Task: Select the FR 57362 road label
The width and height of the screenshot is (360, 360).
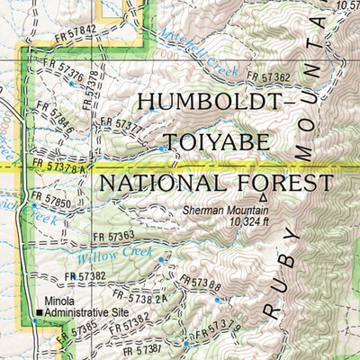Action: point(268,78)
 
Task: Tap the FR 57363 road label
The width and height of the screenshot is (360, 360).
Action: point(113,237)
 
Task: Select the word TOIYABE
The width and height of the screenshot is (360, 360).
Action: point(211,142)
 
